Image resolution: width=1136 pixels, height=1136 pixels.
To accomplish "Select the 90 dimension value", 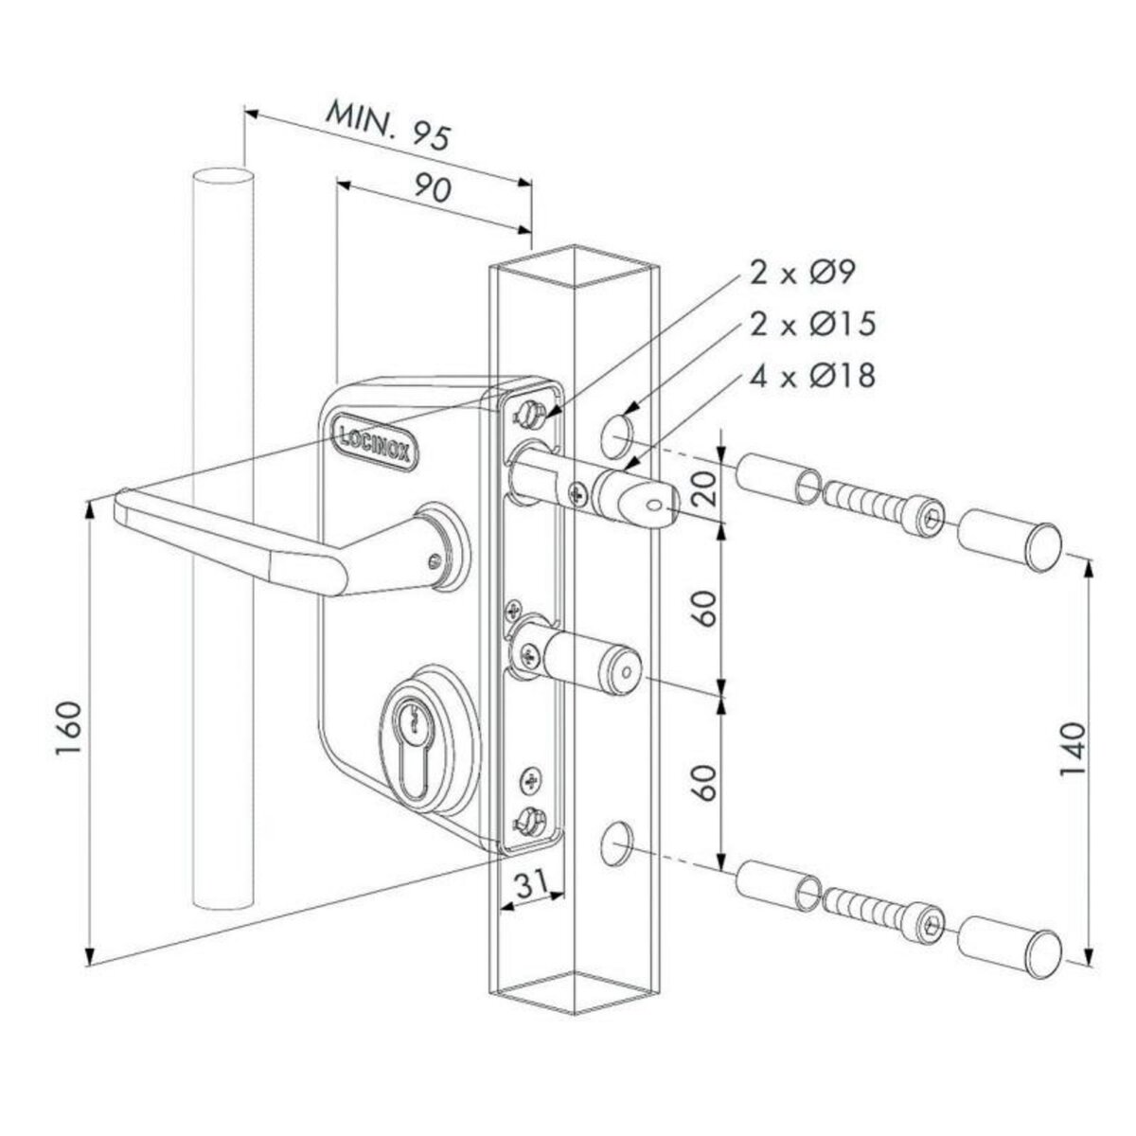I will tap(431, 186).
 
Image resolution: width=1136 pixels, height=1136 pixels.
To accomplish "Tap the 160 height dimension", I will tap(71, 729).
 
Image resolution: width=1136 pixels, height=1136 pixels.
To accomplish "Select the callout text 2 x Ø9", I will tap(802, 274).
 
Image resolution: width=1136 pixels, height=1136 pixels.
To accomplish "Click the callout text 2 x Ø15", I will tap(811, 324).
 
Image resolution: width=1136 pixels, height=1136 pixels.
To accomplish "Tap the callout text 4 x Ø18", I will tap(811, 375).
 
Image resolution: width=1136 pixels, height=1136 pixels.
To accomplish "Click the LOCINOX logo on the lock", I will tap(372, 443).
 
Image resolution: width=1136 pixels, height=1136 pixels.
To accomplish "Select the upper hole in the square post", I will tap(617, 433).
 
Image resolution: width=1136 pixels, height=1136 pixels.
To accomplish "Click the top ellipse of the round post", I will tap(222, 179).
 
